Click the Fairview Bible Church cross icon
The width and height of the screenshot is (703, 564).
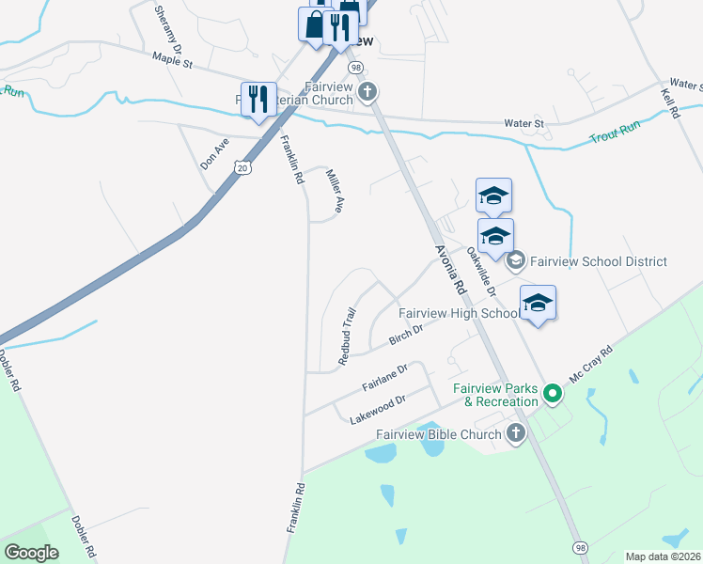515,433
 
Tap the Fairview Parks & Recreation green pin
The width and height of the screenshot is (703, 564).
554,394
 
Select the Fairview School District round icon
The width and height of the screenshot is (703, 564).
515,261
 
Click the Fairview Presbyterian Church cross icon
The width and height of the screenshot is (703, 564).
367,92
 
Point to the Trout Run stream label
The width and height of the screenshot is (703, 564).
615,133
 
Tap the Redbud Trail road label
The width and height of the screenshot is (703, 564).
348,336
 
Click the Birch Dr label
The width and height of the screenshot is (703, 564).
406,333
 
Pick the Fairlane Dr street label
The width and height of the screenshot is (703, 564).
384,378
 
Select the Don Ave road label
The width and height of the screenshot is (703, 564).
215,153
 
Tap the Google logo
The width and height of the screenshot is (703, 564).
31,553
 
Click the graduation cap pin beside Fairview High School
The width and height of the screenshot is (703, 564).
538,305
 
